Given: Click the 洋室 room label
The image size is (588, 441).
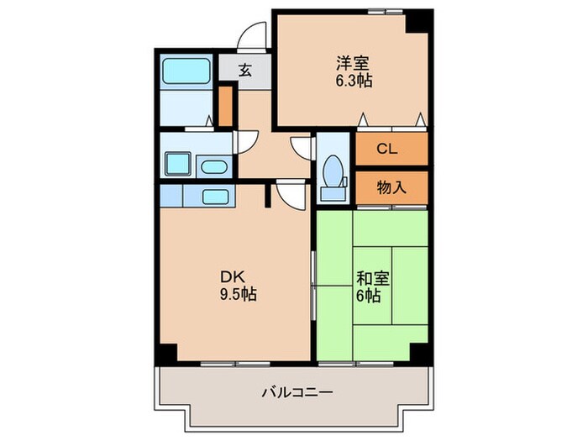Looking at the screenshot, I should (x=354, y=64).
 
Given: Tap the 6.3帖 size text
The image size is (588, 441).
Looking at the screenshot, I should (x=354, y=81).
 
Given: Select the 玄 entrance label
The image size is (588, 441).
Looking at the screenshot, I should (x=244, y=71).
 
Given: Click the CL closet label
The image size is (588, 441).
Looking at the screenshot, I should (x=386, y=150).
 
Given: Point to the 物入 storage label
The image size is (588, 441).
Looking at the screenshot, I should (x=391, y=187).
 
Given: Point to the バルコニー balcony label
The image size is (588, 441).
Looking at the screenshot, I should (x=297, y=392).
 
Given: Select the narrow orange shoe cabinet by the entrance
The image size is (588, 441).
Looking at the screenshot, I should (x=225, y=104).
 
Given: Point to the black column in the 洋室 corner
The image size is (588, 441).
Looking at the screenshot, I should (x=417, y=20).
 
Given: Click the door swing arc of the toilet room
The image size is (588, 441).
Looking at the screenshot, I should (x=302, y=146).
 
